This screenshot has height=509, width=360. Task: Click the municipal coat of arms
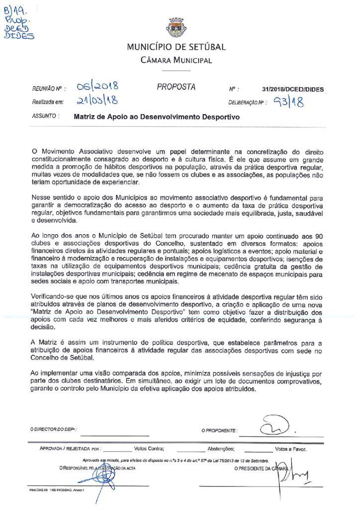[176, 28]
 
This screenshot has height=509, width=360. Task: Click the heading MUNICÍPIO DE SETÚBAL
[176, 47]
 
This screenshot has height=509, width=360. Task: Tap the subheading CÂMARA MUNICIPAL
[176, 61]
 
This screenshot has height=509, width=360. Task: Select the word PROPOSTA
[176, 87]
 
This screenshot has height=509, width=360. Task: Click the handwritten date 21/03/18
[97, 101]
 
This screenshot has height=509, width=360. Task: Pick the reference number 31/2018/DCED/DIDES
[293, 89]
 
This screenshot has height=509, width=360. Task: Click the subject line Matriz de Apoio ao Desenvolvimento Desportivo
[157, 118]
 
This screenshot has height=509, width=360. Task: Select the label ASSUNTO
[46, 118]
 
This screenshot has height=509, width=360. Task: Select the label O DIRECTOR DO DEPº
[53, 429]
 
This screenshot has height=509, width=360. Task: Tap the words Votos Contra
[149, 448]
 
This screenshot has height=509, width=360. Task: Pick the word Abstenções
[220, 448]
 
